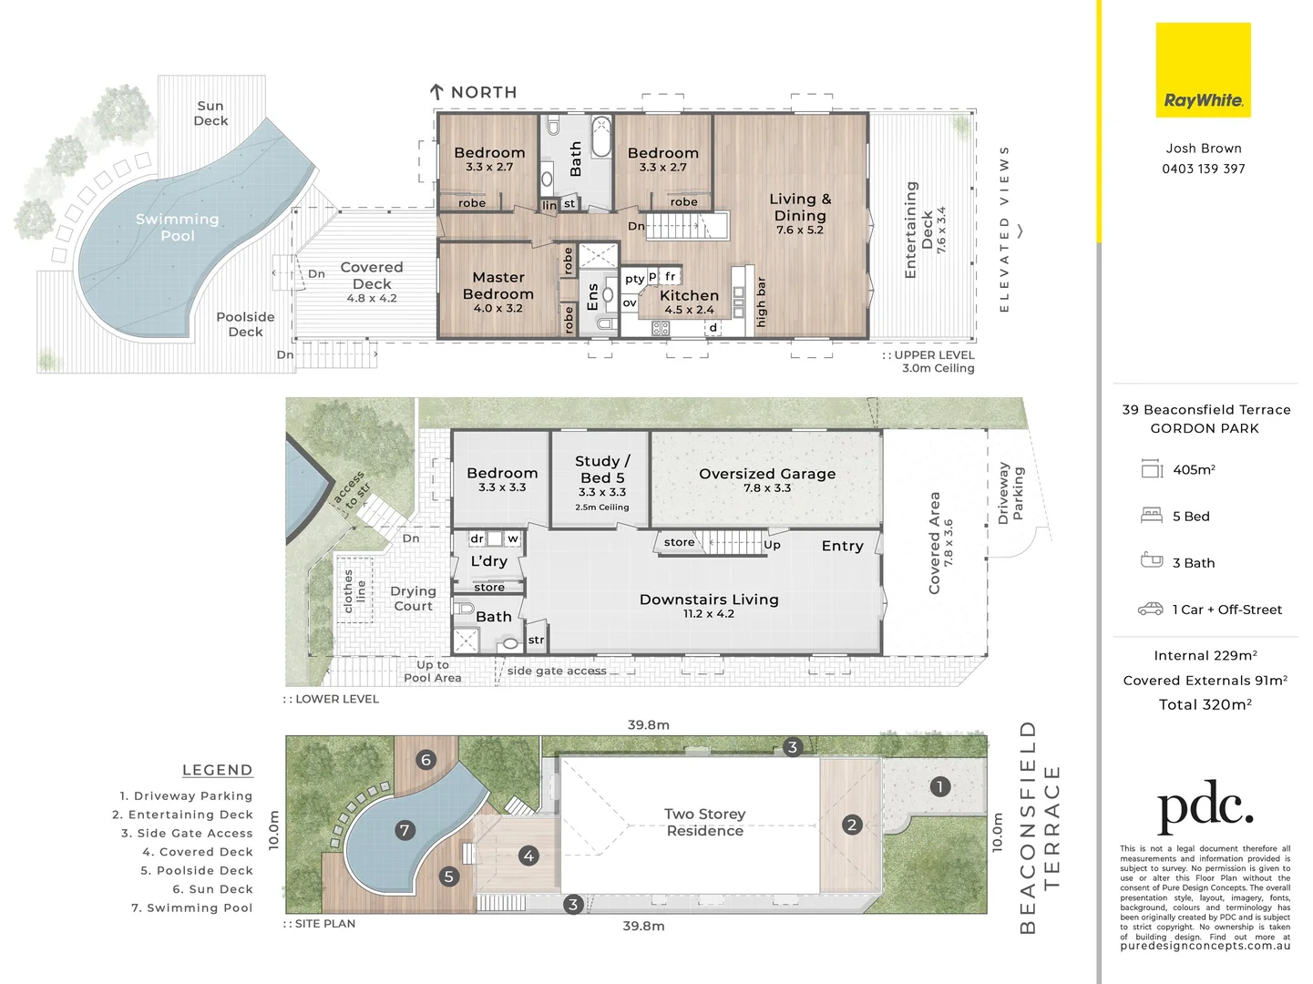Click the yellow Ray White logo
(1203, 70)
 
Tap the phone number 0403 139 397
(1204, 169)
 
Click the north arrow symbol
(436, 91)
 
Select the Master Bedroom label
(498, 286)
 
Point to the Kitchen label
(689, 295)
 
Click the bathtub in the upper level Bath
(600, 137)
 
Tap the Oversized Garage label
(767, 474)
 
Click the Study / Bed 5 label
(602, 469)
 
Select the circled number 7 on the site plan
(405, 830)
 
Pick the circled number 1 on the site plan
(939, 786)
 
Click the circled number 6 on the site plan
(426, 760)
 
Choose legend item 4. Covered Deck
(198, 852)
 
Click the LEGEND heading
(218, 770)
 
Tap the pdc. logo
(1205, 806)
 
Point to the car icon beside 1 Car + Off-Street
(1150, 609)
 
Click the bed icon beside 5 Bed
(1152, 515)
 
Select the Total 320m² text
(1205, 704)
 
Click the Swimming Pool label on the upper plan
(178, 227)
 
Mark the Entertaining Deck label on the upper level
(918, 230)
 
